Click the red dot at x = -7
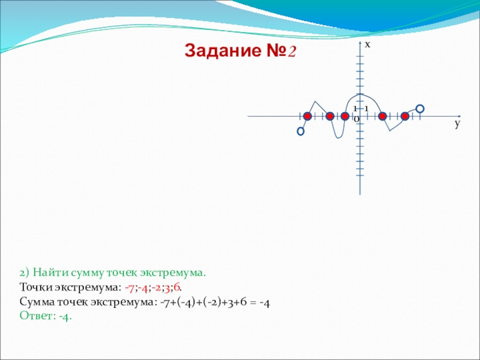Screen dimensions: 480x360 [307, 116]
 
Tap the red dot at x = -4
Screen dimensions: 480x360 [329, 116]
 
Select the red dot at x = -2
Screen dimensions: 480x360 [344, 116]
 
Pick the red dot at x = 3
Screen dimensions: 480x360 [382, 116]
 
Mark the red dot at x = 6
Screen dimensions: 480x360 [404, 116]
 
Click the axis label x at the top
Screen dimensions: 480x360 [367, 45]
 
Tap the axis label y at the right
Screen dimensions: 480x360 [457, 124]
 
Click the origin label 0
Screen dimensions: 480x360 [356, 119]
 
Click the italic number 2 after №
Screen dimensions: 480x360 [292, 51]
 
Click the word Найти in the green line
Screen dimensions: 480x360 [51, 272]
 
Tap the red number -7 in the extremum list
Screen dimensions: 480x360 [129, 288]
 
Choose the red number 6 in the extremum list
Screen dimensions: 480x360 [176, 288]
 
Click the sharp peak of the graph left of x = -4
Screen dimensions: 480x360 [315, 101]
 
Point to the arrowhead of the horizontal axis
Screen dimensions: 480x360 [459, 116]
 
